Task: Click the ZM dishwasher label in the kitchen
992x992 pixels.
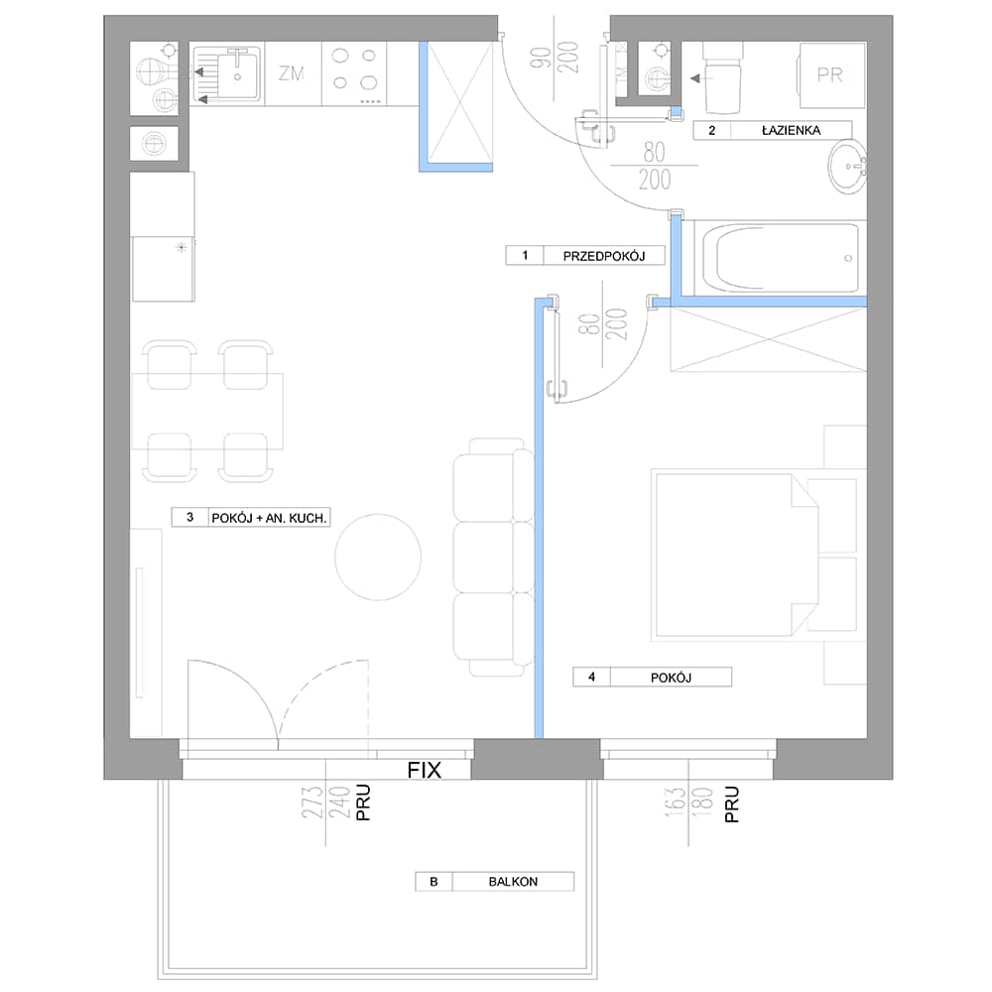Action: coord(292,73)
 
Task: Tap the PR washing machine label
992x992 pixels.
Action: coord(829,75)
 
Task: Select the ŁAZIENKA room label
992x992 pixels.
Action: coord(791,130)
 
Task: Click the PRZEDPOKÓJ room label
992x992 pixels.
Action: coord(603,256)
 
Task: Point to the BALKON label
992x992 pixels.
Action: coord(513,881)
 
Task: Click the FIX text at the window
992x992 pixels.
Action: coord(424,770)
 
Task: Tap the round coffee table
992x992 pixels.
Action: coord(378,558)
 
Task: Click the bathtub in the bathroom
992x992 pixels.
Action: coord(780,258)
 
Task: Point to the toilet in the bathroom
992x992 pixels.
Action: coord(722,77)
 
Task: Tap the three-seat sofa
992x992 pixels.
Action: coord(493,557)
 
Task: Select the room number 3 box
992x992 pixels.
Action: coord(189,518)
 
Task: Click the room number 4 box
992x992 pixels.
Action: coord(591,677)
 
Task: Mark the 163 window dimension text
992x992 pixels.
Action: coord(675,803)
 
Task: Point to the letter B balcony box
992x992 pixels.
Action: coord(434,881)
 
